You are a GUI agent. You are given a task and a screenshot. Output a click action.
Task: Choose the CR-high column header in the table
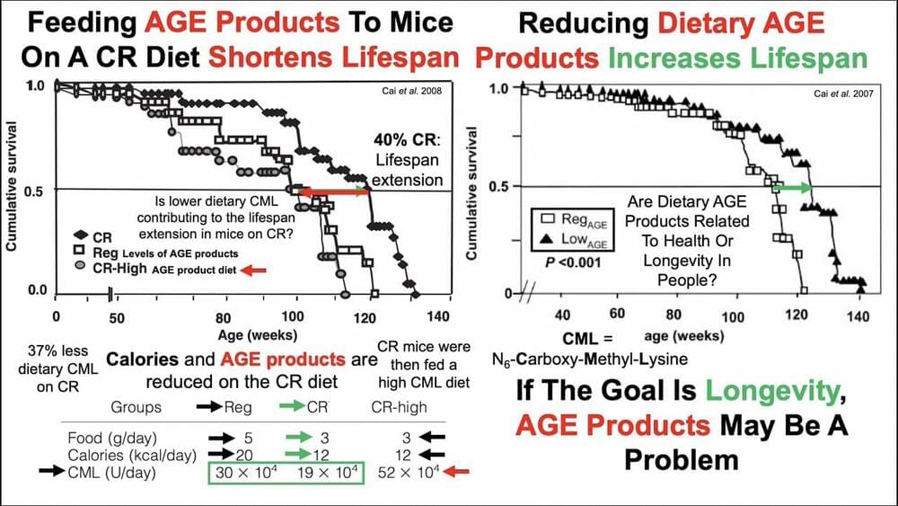[401, 406]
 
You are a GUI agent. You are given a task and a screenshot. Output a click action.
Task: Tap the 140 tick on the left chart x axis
[438, 316]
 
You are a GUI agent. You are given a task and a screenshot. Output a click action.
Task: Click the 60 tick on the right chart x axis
[617, 315]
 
